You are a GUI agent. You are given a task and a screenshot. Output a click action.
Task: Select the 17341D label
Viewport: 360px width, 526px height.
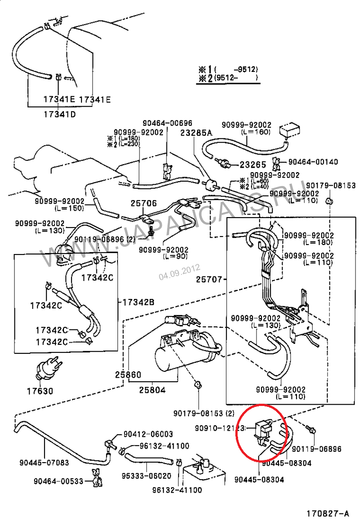pyautogui.click(x=59, y=114)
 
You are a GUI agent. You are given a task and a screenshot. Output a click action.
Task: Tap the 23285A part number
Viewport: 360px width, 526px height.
pyautogui.click(x=196, y=133)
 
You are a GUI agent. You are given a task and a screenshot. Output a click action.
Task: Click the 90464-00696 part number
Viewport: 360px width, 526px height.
pyautogui.click(x=167, y=123)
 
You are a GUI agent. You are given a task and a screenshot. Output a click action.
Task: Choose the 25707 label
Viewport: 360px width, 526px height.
pyautogui.click(x=209, y=279)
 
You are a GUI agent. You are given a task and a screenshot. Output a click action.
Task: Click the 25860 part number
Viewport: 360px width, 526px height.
pyautogui.click(x=128, y=374)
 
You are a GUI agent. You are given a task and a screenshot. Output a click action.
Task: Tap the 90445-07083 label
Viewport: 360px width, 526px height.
pyautogui.click(x=44, y=462)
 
